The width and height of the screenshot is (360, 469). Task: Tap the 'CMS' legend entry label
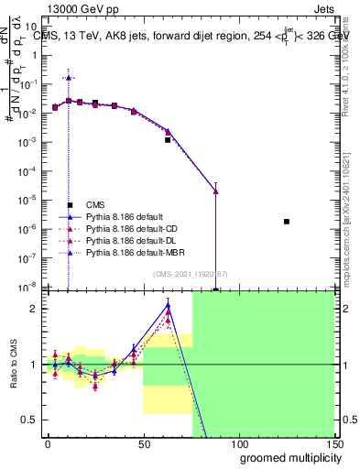95,205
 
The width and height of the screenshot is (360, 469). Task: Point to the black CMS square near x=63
168,140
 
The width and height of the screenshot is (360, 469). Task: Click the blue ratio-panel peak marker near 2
168,306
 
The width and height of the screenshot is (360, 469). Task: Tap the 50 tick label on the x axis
142,443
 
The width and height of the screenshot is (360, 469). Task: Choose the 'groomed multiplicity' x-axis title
286,457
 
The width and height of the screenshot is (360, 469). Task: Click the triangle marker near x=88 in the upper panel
215,191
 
